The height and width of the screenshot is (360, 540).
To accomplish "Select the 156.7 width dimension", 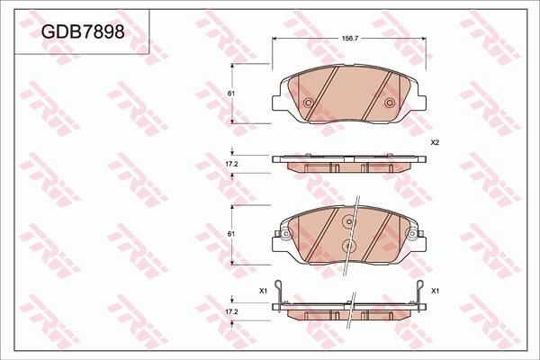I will tap(347, 38).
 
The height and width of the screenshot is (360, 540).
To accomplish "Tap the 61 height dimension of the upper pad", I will tap(231, 94).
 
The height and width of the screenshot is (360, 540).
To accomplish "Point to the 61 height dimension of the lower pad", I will tap(231, 234).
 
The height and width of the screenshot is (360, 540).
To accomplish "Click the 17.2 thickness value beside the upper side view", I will tap(230, 164).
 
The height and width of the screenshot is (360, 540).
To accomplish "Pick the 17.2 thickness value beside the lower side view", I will tap(230, 310).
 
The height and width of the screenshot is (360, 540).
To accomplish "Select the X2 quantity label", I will tap(434, 143).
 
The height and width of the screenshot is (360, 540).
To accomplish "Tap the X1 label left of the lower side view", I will tap(263, 291).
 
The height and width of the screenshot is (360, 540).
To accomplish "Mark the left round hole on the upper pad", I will tap(308, 103).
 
